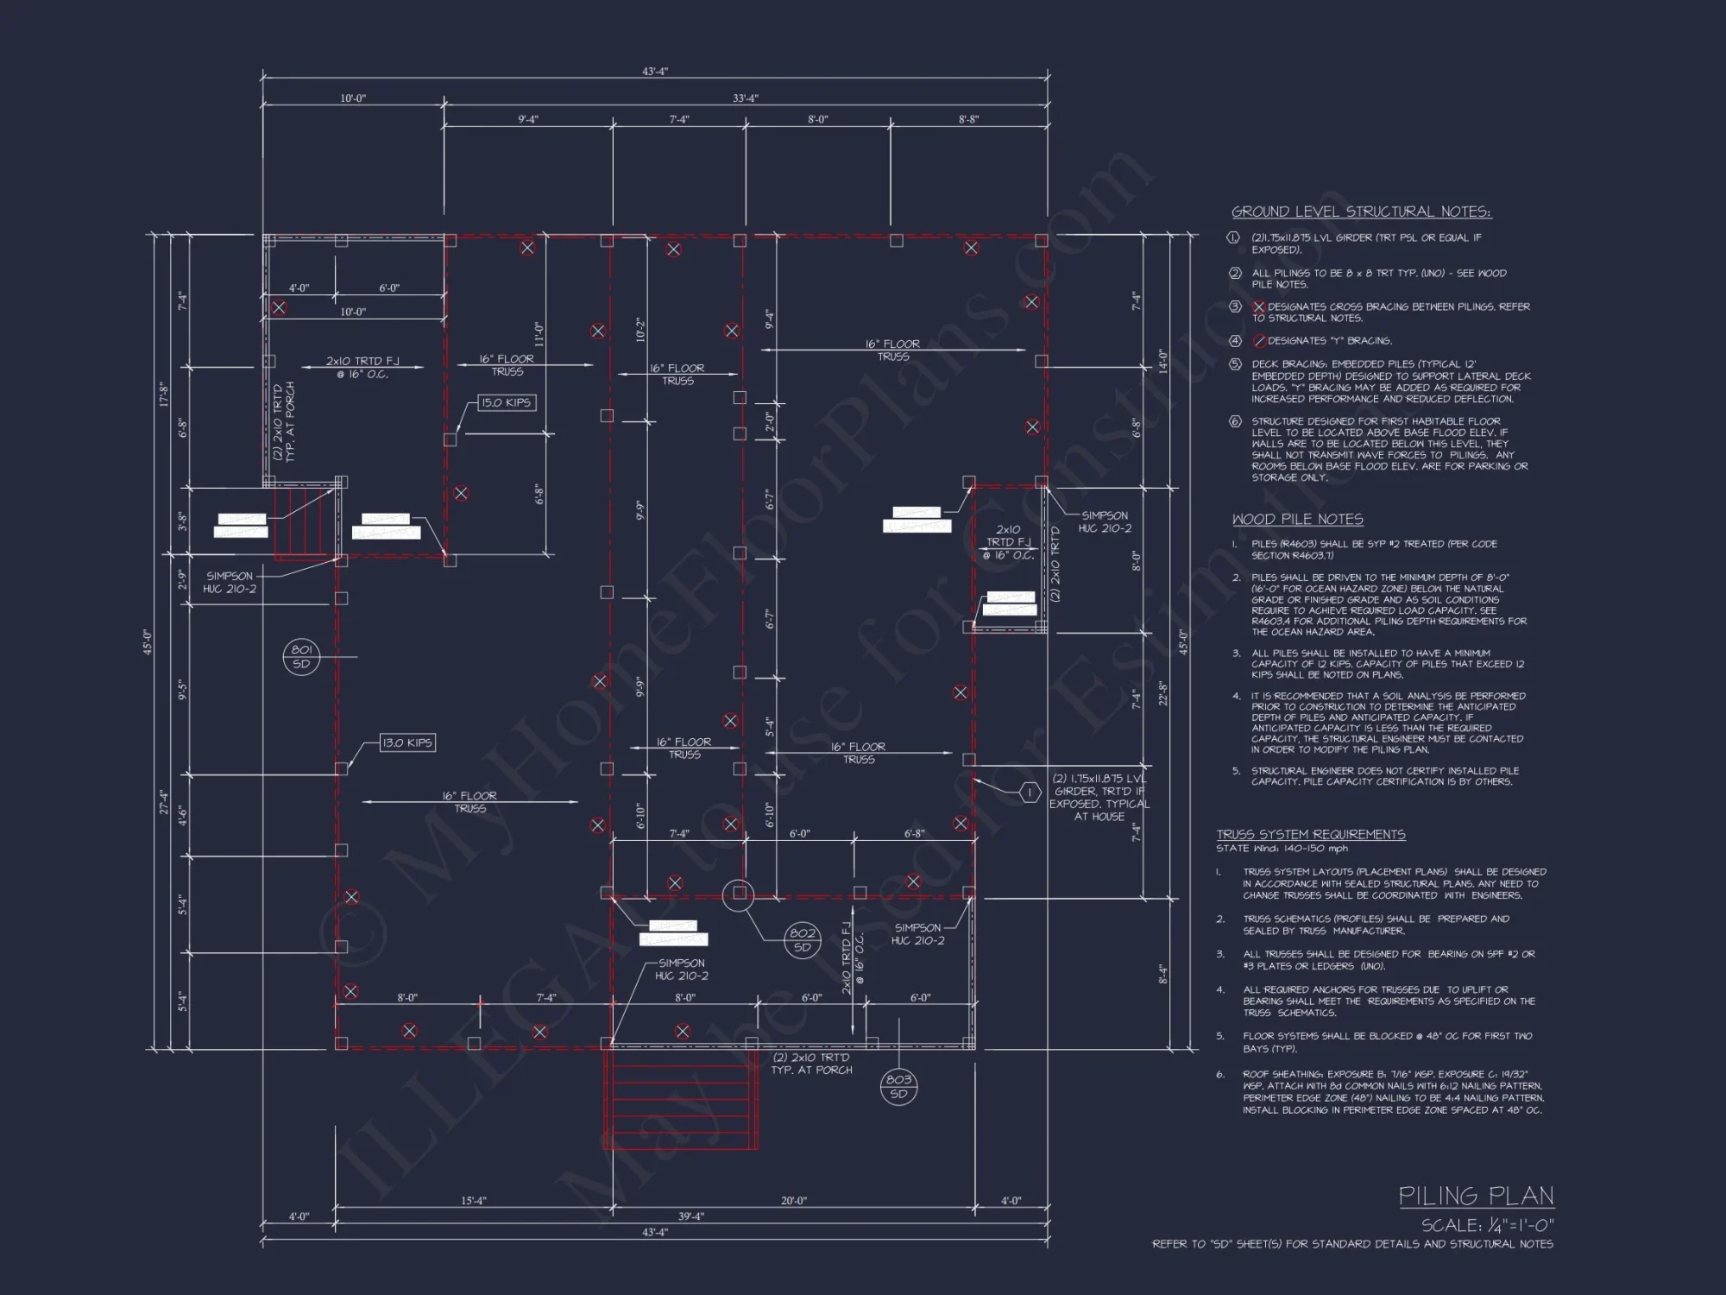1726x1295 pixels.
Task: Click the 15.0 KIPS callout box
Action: pyautogui.click(x=506, y=402)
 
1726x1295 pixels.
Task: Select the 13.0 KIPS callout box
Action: pyautogui.click(x=407, y=742)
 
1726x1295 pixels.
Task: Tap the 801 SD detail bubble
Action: pyautogui.click(x=301, y=657)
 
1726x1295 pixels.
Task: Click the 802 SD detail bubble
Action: pyautogui.click(x=803, y=939)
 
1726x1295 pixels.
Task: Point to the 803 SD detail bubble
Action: pyautogui.click(x=898, y=1086)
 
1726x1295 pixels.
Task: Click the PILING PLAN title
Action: pyautogui.click(x=1476, y=1196)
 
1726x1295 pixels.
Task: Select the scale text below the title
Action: pyautogui.click(x=1487, y=1225)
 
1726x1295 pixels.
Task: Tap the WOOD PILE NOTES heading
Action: pyautogui.click(x=1297, y=519)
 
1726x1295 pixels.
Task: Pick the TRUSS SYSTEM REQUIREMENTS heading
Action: pyautogui.click(x=1310, y=834)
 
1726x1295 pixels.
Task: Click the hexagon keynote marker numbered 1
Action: pyautogui.click(x=1029, y=792)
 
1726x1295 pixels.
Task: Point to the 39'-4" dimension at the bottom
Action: pyautogui.click(x=690, y=1216)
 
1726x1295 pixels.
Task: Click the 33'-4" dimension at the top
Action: pyautogui.click(x=746, y=98)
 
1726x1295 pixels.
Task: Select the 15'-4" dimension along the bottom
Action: pyautogui.click(x=473, y=1201)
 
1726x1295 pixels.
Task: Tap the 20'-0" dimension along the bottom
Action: pyautogui.click(x=793, y=1201)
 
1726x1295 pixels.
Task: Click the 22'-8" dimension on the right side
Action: pyautogui.click(x=1162, y=692)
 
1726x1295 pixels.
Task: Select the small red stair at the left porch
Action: pyautogui.click(x=303, y=521)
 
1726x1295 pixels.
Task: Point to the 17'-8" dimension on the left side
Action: pyautogui.click(x=161, y=395)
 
